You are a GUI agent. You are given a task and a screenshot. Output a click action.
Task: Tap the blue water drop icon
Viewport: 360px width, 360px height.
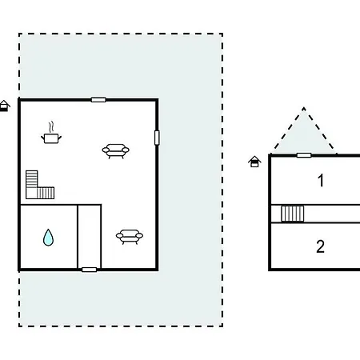(x=48, y=238)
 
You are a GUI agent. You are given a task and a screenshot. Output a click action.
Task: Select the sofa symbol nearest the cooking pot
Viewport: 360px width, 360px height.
(x=116, y=151)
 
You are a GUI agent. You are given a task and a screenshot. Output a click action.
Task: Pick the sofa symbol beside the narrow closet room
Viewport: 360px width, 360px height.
(x=130, y=237)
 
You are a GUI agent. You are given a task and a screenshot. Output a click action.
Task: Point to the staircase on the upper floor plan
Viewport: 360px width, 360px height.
(x=293, y=214)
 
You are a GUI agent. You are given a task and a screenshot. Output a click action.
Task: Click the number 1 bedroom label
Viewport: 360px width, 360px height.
(x=321, y=180)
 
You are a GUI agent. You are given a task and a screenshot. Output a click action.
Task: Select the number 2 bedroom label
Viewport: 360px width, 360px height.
(x=321, y=246)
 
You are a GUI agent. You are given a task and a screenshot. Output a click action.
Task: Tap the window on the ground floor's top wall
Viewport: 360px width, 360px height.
(x=98, y=100)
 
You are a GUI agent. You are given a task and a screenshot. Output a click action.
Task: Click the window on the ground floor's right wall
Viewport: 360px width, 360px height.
(x=157, y=138)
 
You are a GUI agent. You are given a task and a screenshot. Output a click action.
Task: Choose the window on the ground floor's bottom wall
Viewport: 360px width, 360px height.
(x=90, y=270)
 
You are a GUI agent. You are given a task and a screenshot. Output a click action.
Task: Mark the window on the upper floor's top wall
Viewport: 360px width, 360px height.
(x=304, y=155)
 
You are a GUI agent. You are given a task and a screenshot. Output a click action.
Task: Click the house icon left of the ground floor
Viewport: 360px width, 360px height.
(x=4, y=106)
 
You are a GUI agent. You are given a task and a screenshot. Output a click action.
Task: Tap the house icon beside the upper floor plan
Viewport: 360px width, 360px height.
(x=254, y=162)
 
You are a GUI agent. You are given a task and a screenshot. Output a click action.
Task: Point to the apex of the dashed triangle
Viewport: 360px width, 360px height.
(x=304, y=108)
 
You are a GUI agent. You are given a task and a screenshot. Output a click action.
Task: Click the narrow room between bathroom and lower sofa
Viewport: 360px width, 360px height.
(x=90, y=237)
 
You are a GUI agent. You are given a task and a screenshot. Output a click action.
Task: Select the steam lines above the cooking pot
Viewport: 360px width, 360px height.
(x=52, y=126)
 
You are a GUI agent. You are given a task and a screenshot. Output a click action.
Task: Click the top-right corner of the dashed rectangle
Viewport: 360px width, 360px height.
(x=222, y=34)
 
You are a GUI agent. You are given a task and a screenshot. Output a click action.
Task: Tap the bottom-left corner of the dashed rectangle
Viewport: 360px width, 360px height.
(x=19, y=326)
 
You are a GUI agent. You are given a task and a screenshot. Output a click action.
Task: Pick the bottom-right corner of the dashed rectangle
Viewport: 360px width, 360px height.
(x=222, y=326)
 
